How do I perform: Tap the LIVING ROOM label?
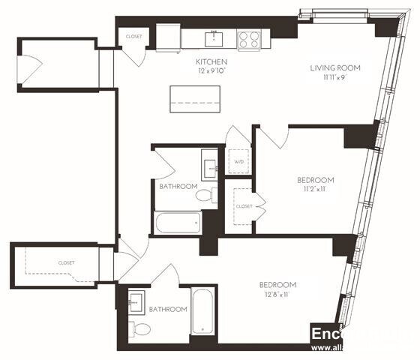pos(335,67)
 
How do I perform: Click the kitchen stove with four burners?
pos(248,38)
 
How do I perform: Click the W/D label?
pos(239,161)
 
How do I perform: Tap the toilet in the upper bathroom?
pos(204,196)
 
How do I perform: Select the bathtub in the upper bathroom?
pos(178,223)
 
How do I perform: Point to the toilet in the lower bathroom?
pos(139,327)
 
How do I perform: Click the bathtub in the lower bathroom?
pos(202,311)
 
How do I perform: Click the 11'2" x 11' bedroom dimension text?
pos(315,189)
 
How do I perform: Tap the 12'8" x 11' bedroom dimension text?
pos(277,294)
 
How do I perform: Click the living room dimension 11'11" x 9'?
pos(335,76)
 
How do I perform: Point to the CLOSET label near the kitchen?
pos(134,36)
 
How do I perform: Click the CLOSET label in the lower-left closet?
pos(67,262)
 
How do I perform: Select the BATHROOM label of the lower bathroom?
pos(167,309)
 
